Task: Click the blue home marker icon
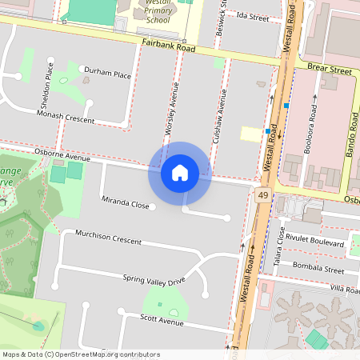point(180,172)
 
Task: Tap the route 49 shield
point(262,194)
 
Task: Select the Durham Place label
point(107,74)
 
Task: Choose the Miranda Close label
point(125,205)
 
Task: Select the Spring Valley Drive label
point(154,279)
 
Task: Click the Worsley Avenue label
point(170,107)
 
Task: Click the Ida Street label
point(253,16)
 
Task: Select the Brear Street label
point(330,70)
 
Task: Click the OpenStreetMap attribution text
point(81,354)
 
